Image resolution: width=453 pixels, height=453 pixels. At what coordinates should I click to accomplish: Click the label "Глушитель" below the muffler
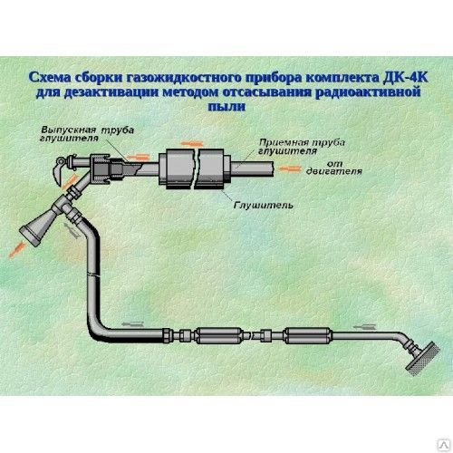[263, 206]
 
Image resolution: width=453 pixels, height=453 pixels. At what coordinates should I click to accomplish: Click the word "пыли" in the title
[226, 105]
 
